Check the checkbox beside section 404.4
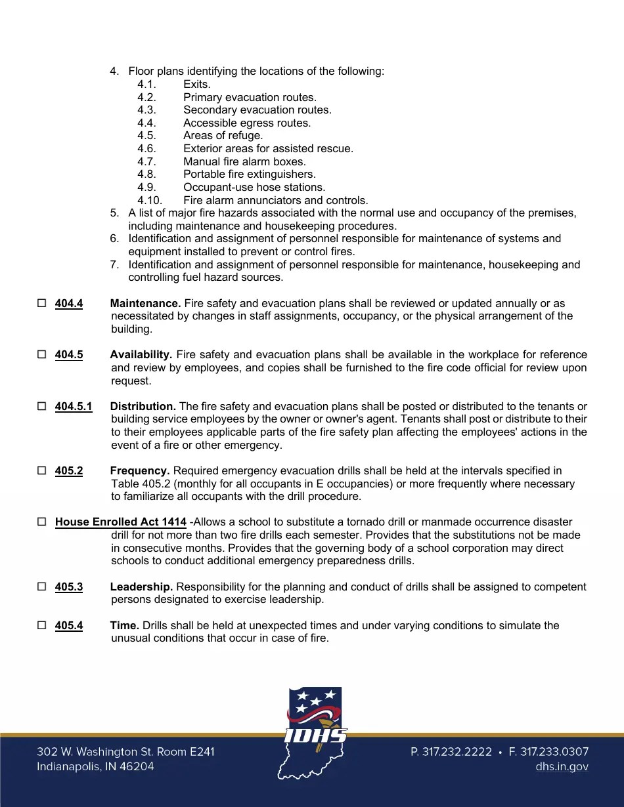click(41, 304)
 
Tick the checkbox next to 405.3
click(41, 587)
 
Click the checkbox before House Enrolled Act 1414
click(41, 522)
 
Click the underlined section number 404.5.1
click(74, 407)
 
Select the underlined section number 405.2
click(69, 471)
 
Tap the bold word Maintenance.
click(145, 303)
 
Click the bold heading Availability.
click(141, 355)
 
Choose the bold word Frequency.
click(140, 471)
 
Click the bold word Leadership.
click(141, 587)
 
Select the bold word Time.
click(124, 625)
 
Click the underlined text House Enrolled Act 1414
click(121, 522)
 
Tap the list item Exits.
click(197, 84)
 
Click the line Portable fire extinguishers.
click(249, 175)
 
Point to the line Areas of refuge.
click(223, 136)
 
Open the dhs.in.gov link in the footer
click(562, 766)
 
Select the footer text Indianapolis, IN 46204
click(95, 766)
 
